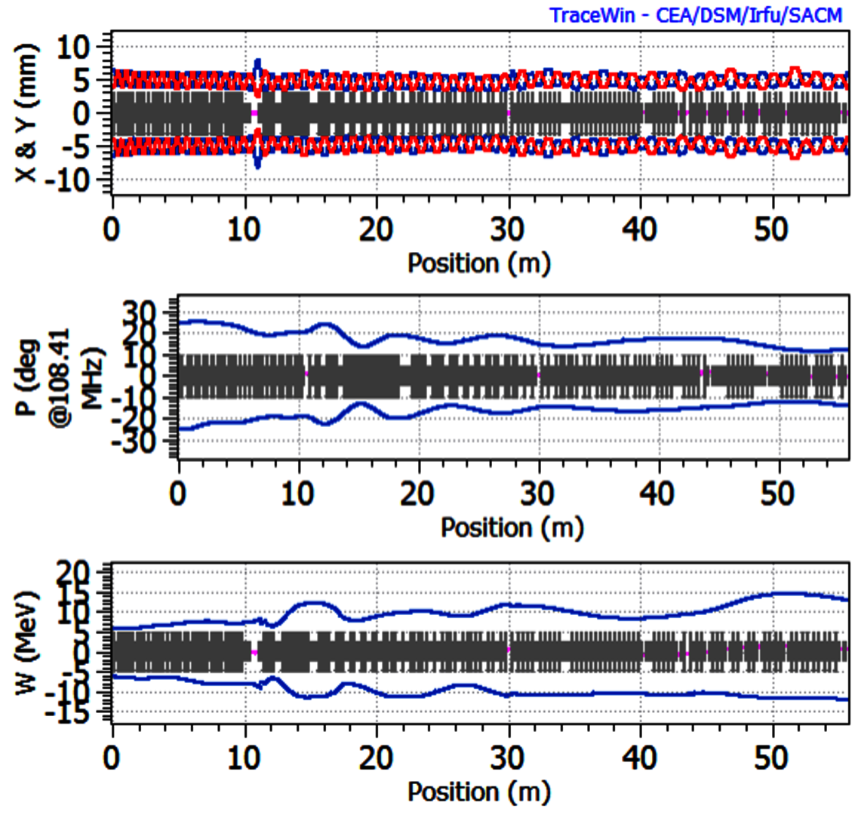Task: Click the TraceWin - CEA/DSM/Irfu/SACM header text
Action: [x=695, y=14]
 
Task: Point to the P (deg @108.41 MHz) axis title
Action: [x=76, y=377]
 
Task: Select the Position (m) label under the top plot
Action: [x=479, y=263]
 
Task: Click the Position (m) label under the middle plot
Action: [x=512, y=527]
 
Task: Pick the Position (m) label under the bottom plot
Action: [x=479, y=792]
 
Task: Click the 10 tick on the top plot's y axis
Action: [x=83, y=47]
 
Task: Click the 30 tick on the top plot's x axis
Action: [x=509, y=227]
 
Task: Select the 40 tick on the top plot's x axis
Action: [x=641, y=227]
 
